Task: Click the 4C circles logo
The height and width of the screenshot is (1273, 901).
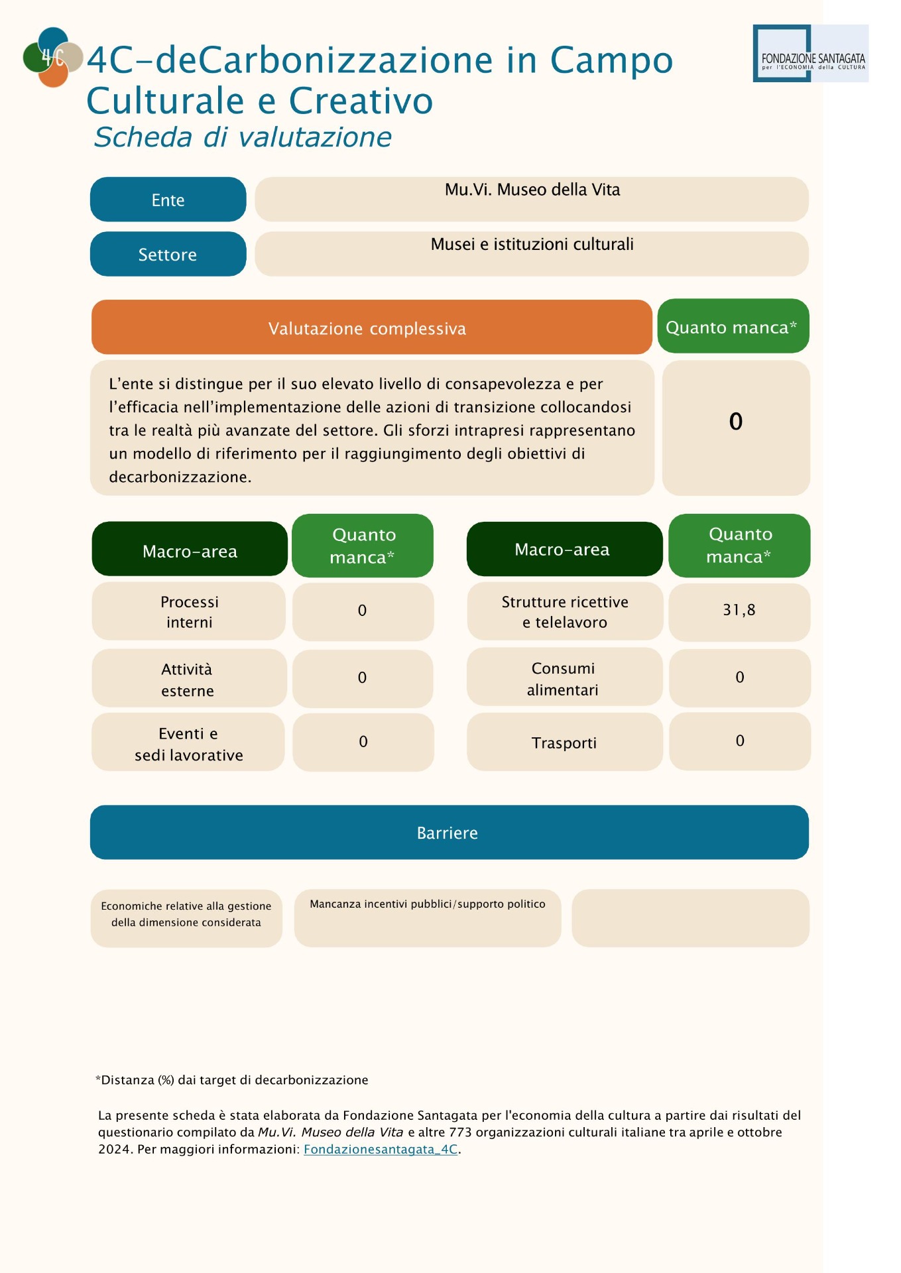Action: pos(52,58)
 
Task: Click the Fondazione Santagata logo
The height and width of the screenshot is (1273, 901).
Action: pos(810,54)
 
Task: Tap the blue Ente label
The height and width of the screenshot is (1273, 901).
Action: pos(168,200)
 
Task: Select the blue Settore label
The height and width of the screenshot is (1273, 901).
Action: pos(168,255)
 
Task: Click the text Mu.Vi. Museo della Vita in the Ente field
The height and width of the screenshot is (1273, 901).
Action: pos(532,190)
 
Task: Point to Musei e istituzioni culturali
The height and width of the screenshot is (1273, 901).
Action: pos(532,245)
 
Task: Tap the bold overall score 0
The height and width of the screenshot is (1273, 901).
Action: pos(735,422)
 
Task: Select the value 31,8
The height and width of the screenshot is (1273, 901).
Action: pos(739,610)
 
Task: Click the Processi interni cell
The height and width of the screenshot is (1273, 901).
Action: pos(189,611)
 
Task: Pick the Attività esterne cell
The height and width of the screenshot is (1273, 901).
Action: pos(188,679)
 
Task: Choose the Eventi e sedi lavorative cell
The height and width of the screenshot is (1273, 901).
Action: pos(188,743)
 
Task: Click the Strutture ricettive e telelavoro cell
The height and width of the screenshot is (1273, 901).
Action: pos(564,611)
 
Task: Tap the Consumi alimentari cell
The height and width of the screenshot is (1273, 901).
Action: pos(564,678)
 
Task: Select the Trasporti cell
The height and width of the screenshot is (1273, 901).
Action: pos(564,743)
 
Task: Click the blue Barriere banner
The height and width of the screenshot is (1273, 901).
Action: pos(449,832)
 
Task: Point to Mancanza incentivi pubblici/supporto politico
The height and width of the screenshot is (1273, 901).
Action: pos(428,904)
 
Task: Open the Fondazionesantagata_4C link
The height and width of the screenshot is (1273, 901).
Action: pos(381,1150)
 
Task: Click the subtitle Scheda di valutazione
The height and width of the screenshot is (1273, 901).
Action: pos(243,137)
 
